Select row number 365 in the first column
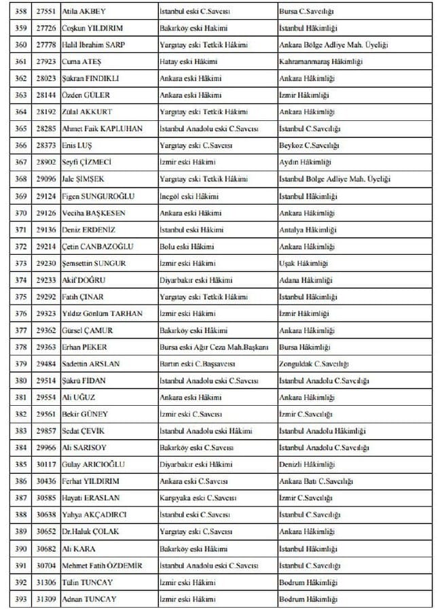[20, 128]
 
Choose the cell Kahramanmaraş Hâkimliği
[320, 62]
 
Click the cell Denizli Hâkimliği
[306, 464]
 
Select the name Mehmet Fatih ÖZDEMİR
[103, 565]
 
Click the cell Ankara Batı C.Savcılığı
[316, 481]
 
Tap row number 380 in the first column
[20, 381]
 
